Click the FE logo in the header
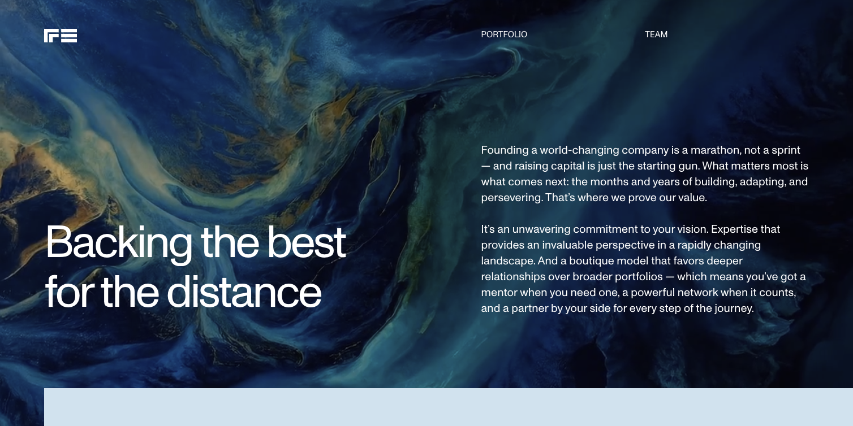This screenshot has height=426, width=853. tap(61, 36)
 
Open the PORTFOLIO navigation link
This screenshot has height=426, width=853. tap(504, 34)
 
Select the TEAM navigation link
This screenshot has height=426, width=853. tap(656, 34)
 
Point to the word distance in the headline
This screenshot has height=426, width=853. tap(244, 292)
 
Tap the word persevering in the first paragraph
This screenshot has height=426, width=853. tap(511, 198)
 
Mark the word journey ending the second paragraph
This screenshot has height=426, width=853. tap(734, 309)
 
